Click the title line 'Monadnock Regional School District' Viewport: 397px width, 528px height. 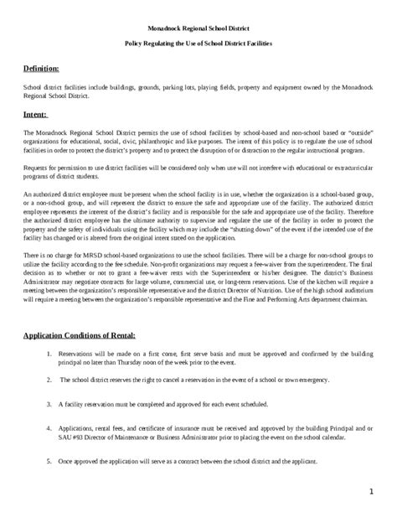(x=198, y=27)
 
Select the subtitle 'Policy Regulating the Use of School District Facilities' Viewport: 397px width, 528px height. (x=198, y=42)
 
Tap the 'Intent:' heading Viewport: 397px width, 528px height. (x=35, y=116)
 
